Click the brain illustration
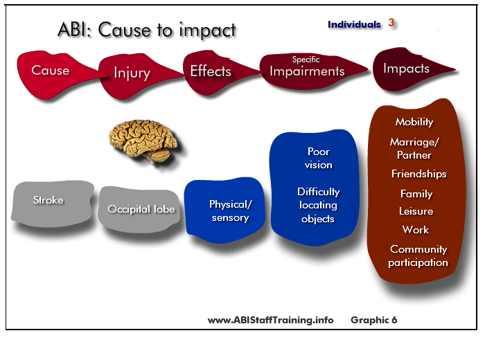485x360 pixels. [x=143, y=141]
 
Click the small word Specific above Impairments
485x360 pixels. [x=306, y=59]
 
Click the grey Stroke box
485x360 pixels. [x=52, y=204]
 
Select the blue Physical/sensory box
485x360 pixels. [x=224, y=210]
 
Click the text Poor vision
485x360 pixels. [x=319, y=159]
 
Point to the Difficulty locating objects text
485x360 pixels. [x=318, y=205]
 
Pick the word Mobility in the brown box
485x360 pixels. [x=414, y=122]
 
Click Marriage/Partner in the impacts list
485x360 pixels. [x=414, y=148]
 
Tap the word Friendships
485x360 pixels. [x=418, y=174]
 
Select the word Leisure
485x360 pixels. [x=416, y=211]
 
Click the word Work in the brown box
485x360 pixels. [x=416, y=230]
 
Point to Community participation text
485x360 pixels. [x=418, y=256]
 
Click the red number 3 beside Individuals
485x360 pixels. [x=391, y=23]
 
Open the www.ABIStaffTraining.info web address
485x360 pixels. [x=271, y=320]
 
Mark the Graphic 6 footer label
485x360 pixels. [x=374, y=320]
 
